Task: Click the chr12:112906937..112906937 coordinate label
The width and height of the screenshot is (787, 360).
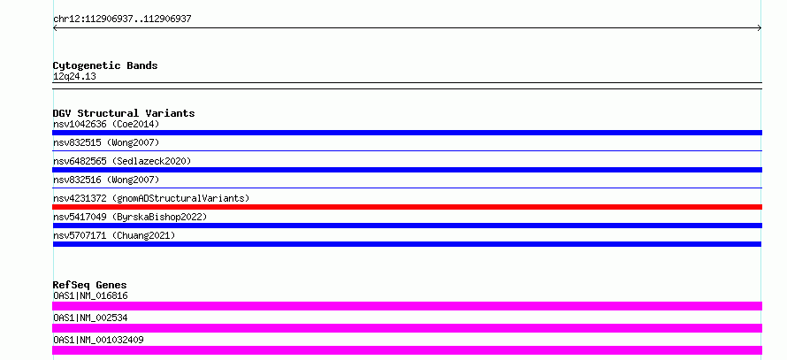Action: (x=122, y=19)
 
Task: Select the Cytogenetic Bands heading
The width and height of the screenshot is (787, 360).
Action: (x=105, y=65)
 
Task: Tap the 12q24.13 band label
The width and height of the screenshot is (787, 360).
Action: (x=74, y=77)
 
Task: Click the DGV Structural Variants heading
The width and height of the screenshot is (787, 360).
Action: (x=124, y=113)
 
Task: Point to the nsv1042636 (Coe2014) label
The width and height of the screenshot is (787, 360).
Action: (x=106, y=124)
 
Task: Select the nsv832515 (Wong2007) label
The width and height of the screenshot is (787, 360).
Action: (x=106, y=142)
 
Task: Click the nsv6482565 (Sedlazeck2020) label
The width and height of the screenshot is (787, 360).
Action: (x=122, y=161)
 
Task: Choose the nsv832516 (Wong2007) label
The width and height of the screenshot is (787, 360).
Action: (x=106, y=180)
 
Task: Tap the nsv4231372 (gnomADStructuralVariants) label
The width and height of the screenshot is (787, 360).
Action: (x=151, y=198)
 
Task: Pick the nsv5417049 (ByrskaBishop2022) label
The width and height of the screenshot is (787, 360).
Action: (x=130, y=217)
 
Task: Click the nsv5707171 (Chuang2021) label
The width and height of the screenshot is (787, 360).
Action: (x=114, y=235)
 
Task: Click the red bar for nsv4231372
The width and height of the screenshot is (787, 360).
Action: (x=407, y=207)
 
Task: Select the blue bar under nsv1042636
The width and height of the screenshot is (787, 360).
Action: (x=407, y=133)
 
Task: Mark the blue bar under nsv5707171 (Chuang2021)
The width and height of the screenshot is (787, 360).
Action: (x=407, y=244)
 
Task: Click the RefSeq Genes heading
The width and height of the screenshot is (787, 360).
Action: (x=90, y=285)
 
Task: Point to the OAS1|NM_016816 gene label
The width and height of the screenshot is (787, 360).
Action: (x=90, y=295)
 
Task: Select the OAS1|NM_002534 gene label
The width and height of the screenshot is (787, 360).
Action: (x=90, y=318)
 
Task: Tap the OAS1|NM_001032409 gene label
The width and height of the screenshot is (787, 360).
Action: (x=98, y=340)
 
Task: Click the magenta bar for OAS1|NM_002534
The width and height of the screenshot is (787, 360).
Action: (x=407, y=328)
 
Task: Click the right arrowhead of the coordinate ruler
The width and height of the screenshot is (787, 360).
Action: (x=760, y=28)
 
